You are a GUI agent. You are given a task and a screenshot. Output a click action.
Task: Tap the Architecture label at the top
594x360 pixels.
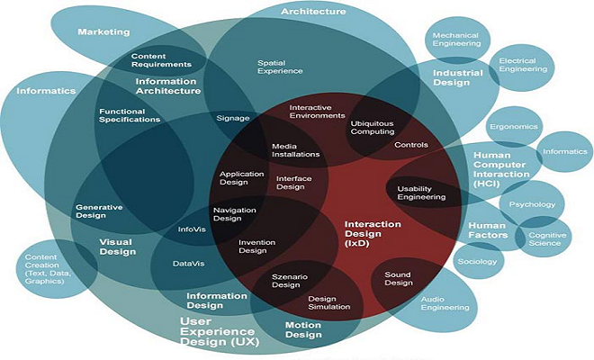tap(312, 12)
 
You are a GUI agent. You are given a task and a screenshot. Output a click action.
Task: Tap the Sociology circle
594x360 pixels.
tap(478, 261)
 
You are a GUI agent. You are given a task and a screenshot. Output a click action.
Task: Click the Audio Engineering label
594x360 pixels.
tap(445, 302)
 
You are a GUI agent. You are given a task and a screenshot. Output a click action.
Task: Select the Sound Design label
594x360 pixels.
tap(398, 277)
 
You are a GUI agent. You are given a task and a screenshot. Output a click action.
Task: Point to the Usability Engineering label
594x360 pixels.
tap(421, 192)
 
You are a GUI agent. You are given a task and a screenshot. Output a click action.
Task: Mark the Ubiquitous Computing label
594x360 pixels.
tap(373, 127)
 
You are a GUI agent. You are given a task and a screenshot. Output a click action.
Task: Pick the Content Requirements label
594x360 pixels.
tap(161, 59)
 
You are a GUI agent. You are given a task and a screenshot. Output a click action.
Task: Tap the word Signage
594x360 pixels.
tap(233, 118)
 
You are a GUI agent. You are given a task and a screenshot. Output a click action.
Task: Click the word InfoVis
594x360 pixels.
tap(193, 229)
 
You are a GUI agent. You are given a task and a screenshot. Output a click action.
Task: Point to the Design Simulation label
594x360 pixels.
tap(328, 302)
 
